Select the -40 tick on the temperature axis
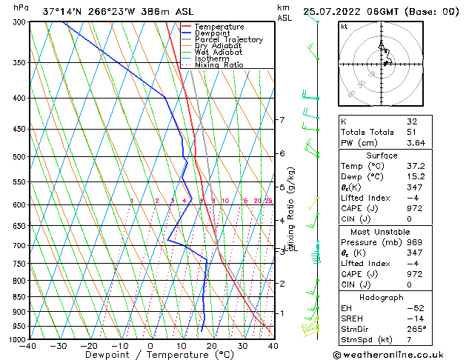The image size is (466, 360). [x=28, y=347]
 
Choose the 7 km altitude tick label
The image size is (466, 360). [x=282, y=120]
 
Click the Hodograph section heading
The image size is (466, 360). [x=382, y=297]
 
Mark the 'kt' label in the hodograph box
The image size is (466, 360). [x=344, y=27]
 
